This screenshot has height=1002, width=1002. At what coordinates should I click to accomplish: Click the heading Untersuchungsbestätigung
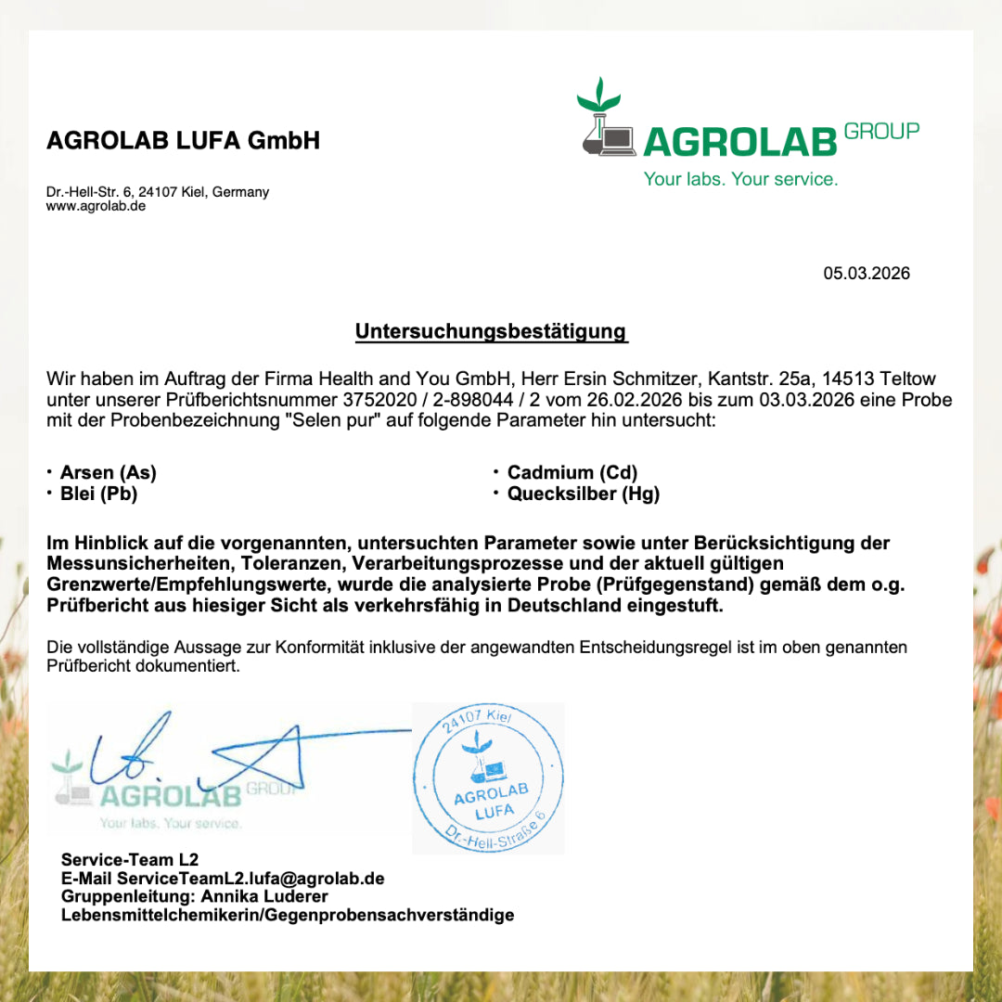[491, 331]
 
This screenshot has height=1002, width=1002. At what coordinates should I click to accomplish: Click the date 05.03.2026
[867, 273]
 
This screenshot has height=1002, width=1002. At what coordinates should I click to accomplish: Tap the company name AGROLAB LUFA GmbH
[183, 140]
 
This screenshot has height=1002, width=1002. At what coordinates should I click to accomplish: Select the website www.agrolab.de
[96, 206]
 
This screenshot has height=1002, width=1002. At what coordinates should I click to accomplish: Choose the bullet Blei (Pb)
[98, 494]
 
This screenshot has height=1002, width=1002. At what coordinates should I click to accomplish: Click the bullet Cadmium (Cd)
[572, 472]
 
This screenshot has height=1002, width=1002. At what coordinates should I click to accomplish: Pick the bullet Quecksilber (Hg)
[583, 494]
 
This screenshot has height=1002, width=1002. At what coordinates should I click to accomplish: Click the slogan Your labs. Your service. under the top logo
[740, 179]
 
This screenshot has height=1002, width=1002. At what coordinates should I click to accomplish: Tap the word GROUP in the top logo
[881, 131]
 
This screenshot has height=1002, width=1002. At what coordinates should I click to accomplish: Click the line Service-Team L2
[130, 859]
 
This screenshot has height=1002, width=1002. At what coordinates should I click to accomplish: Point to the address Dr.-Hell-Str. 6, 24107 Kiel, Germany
[158, 192]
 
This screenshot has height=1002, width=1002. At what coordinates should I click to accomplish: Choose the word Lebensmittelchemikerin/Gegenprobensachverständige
[288, 915]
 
